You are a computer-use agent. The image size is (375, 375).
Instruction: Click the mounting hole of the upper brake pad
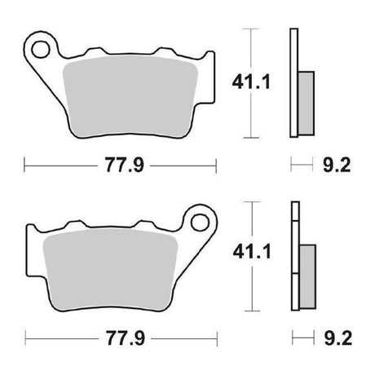41,50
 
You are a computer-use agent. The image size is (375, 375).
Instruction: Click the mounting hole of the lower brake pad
200,223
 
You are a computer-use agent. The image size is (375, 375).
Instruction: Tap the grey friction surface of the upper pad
130,96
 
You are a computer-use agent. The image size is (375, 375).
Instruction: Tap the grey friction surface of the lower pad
111,270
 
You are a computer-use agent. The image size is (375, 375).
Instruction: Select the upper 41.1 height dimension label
251,82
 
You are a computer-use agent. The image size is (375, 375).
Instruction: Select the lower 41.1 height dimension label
252,252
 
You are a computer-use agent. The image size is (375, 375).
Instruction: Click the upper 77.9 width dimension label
125,165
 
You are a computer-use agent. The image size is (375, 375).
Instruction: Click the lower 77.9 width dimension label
126,338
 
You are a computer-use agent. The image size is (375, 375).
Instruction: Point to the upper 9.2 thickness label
337,165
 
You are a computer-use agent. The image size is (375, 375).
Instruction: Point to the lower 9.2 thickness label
338,338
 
